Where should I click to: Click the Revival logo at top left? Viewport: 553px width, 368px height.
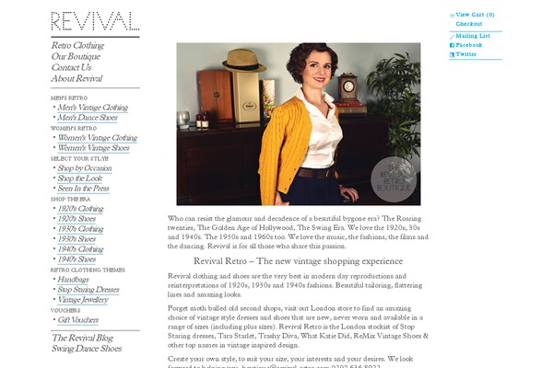[x=95, y=21]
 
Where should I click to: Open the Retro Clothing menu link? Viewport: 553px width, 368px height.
[x=77, y=45]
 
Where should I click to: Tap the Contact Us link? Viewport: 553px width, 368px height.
[x=72, y=67]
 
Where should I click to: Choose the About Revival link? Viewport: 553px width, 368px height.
[x=77, y=78]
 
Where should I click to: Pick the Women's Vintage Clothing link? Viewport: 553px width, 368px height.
[x=97, y=138]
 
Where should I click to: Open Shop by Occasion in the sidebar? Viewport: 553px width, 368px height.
[x=85, y=168]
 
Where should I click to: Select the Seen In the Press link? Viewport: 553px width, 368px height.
[x=83, y=189]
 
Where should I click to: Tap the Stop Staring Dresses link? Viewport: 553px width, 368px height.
[x=88, y=290]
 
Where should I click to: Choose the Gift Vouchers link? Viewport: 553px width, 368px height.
[x=77, y=320]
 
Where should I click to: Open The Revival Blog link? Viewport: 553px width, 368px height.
[x=82, y=338]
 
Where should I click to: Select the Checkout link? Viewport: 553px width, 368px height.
[x=469, y=24]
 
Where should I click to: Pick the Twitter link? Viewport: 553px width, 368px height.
[x=466, y=54]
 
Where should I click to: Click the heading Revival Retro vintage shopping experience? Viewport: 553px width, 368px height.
[x=293, y=260]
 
